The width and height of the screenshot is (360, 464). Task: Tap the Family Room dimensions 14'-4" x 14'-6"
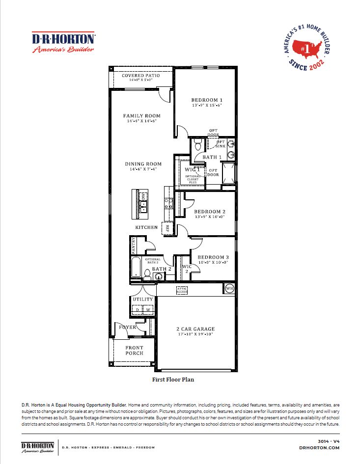coord(141,121)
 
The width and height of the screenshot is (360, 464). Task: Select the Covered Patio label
coord(141,76)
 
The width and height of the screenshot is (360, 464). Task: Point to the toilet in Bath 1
coord(198,144)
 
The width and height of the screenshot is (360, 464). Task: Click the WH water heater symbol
coord(229,288)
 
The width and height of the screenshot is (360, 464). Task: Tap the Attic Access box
coord(182,291)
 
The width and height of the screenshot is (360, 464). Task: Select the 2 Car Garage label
coord(195,329)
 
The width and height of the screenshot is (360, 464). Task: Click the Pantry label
coord(133,245)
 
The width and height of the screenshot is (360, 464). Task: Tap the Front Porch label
coord(134,350)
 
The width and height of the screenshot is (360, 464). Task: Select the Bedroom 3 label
coord(213,257)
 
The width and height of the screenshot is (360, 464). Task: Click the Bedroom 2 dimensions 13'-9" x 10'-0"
coord(209,217)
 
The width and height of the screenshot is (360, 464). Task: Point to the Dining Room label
coord(143,164)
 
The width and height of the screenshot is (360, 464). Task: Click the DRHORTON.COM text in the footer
coord(319,447)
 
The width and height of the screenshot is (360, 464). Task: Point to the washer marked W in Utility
coord(148,310)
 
